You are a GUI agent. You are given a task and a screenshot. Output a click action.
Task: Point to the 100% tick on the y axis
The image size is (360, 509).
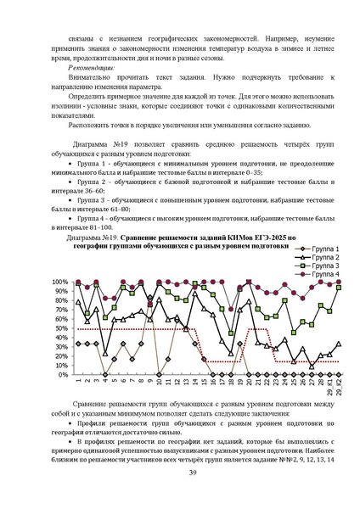coord(62,282)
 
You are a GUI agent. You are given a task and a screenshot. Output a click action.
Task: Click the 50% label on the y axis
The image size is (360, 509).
coord(64,327)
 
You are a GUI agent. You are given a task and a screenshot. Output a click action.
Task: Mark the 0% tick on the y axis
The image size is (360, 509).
coord(65,374)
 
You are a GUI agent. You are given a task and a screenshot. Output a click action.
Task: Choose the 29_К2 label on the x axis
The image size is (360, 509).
coord(340,386)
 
